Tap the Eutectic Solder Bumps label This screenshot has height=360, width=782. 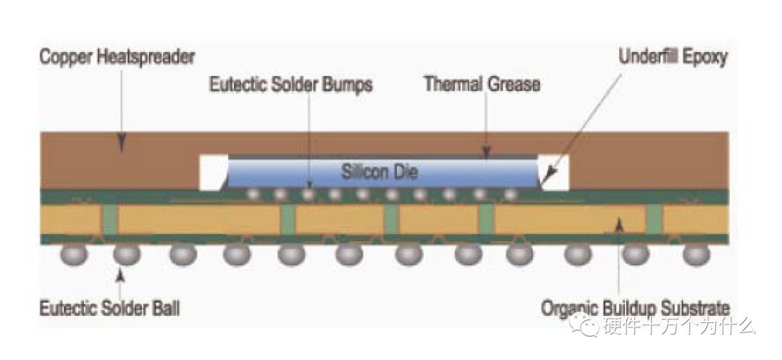click(291, 85)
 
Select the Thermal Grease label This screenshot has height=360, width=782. click(482, 84)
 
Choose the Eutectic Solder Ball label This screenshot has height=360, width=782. click(109, 309)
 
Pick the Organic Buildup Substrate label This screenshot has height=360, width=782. click(635, 309)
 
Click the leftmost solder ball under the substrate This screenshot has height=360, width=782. click(74, 254)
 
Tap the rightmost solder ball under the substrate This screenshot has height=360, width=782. click(697, 254)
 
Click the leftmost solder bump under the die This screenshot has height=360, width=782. click(252, 194)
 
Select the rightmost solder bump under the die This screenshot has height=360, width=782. click(510, 194)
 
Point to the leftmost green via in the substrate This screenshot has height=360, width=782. click(109, 219)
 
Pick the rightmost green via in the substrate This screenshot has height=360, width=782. click(654, 219)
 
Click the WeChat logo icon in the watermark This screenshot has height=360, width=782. click(584, 325)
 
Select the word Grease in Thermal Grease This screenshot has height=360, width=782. click(511, 84)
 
